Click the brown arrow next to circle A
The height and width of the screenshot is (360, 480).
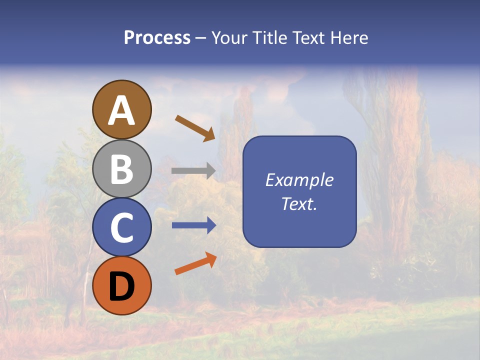195,128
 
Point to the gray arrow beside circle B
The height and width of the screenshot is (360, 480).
193,171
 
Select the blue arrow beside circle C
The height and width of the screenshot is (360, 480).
193,225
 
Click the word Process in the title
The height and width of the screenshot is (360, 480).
157,38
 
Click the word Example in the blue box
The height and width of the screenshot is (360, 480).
299,180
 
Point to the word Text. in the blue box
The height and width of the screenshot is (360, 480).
299,203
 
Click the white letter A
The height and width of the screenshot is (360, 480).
122,110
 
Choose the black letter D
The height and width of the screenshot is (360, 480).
121,287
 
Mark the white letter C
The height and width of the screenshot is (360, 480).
121,228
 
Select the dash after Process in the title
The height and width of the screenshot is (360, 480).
200,38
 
